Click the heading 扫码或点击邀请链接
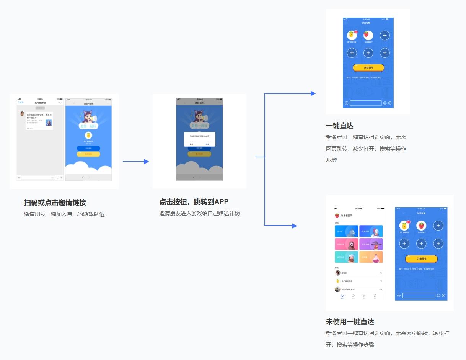[x=55, y=203]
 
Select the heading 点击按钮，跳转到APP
[x=194, y=202]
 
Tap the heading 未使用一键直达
[x=350, y=322]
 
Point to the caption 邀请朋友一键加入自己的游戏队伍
[x=64, y=214]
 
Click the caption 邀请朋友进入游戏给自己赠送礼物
[x=199, y=213]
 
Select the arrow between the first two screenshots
[x=136, y=162]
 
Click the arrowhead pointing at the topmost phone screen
[x=313, y=93]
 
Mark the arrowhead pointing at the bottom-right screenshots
[x=294, y=226]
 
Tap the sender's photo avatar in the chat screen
[x=22, y=114]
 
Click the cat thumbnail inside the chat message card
[x=49, y=122]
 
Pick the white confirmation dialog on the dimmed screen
[x=199, y=139]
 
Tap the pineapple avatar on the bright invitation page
[x=88, y=135]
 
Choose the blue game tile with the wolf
[x=346, y=231]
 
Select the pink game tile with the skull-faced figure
[x=346, y=244]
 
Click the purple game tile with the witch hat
[x=371, y=244]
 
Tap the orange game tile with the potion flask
[x=371, y=257]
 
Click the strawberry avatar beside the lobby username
[x=337, y=216]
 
